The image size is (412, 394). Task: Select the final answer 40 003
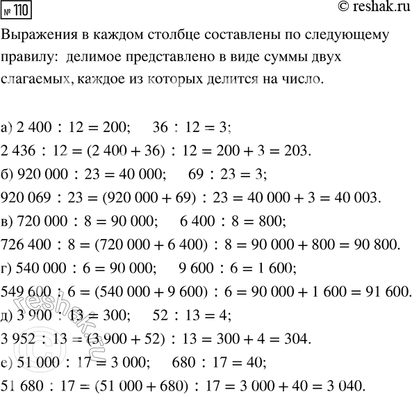pyautogui.click(x=356, y=198)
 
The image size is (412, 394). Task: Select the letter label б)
pyautogui.click(x=9, y=174)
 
